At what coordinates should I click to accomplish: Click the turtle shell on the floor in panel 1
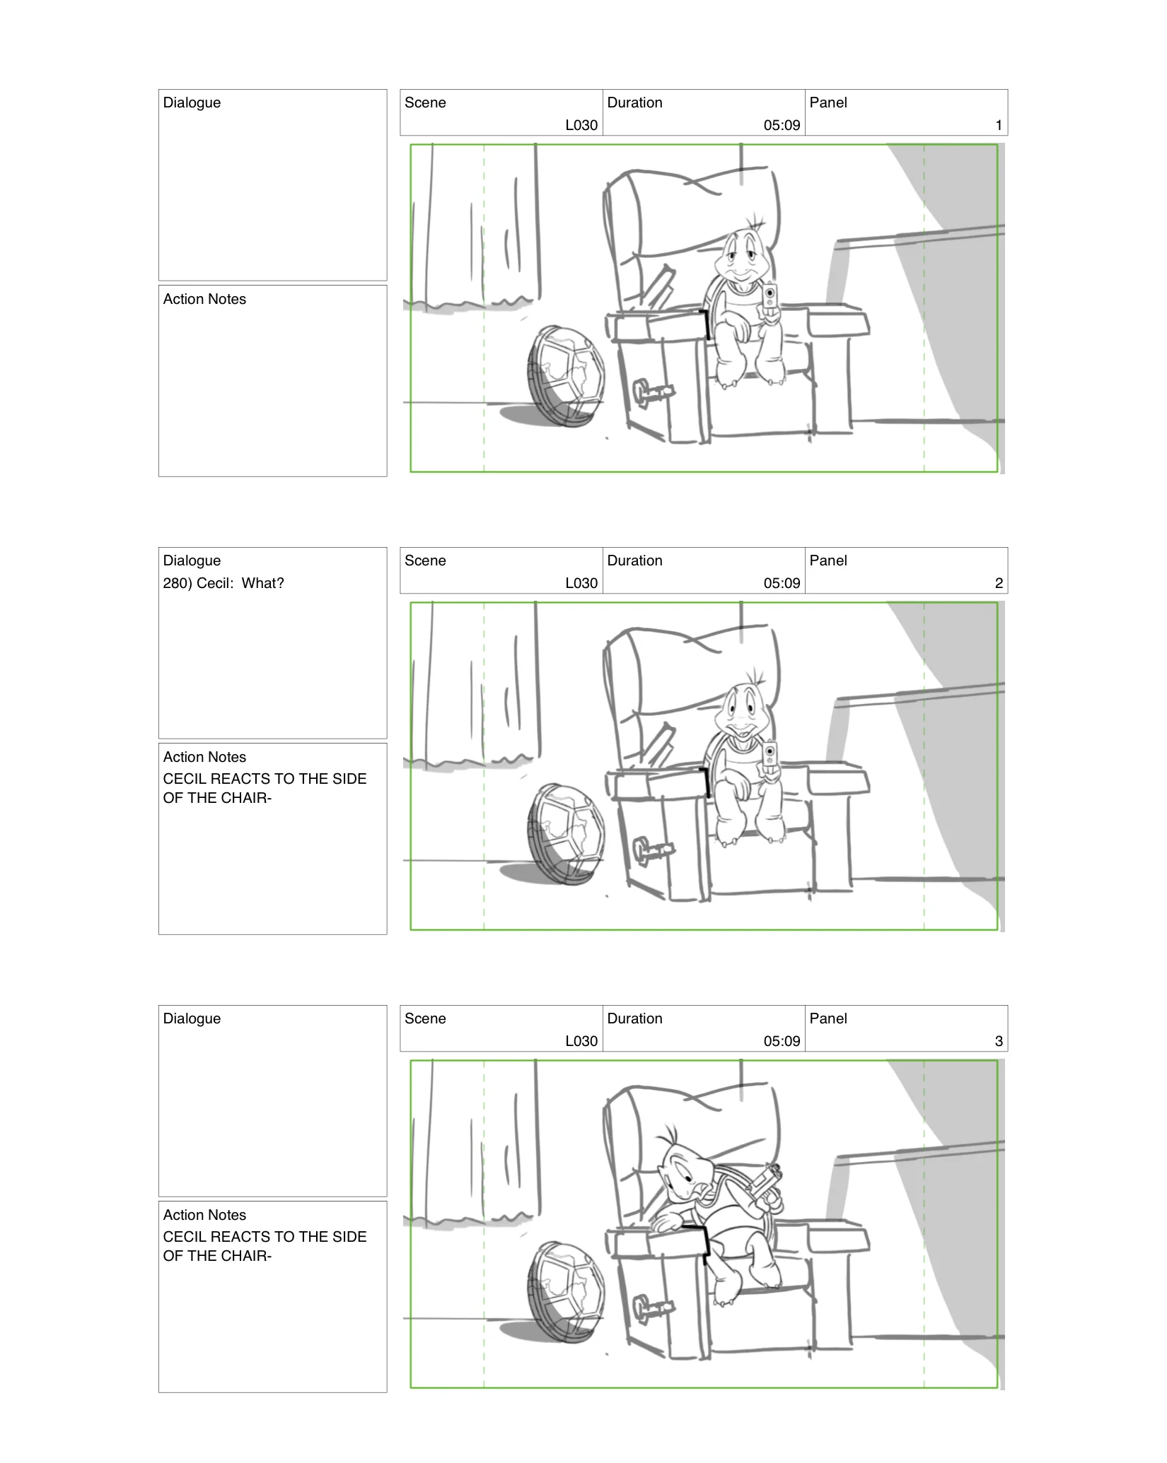pyautogui.click(x=566, y=376)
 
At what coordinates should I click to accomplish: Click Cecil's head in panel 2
pyautogui.click(x=742, y=709)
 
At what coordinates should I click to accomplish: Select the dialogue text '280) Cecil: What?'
pyautogui.click(x=223, y=583)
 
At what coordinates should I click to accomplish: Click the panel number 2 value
pyautogui.click(x=998, y=583)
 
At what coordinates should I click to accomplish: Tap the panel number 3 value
pyautogui.click(x=998, y=1041)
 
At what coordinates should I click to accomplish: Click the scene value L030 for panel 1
pyautogui.click(x=581, y=125)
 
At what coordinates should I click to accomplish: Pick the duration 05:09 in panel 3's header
pyautogui.click(x=782, y=1041)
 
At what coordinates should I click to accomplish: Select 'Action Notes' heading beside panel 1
pyautogui.click(x=204, y=299)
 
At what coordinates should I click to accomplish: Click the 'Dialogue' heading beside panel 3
pyautogui.click(x=192, y=1018)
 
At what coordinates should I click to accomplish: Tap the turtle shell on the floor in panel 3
pyautogui.click(x=566, y=1292)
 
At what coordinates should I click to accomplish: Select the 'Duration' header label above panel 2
pyautogui.click(x=634, y=560)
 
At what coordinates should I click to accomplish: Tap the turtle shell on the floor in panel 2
pyautogui.click(x=566, y=834)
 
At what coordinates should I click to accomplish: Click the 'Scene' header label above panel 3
pyautogui.click(x=425, y=1018)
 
